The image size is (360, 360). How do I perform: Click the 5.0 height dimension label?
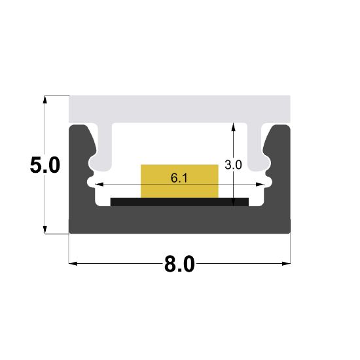click(x=45, y=164)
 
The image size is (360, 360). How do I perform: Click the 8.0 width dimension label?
click(x=179, y=265)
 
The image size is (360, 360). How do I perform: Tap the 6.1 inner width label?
click(x=179, y=177)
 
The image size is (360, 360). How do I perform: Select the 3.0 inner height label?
click(x=233, y=165)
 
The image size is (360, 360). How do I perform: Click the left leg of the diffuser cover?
click(x=101, y=147)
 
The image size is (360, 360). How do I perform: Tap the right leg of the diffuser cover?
click(x=257, y=147)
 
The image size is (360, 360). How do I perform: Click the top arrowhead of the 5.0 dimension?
click(x=45, y=100)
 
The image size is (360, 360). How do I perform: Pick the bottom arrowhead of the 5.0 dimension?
click(x=45, y=228)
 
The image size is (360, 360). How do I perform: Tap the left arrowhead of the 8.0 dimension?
click(x=73, y=264)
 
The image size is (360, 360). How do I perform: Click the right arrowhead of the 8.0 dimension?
click(x=286, y=264)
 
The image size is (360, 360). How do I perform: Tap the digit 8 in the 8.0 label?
click(x=171, y=265)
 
